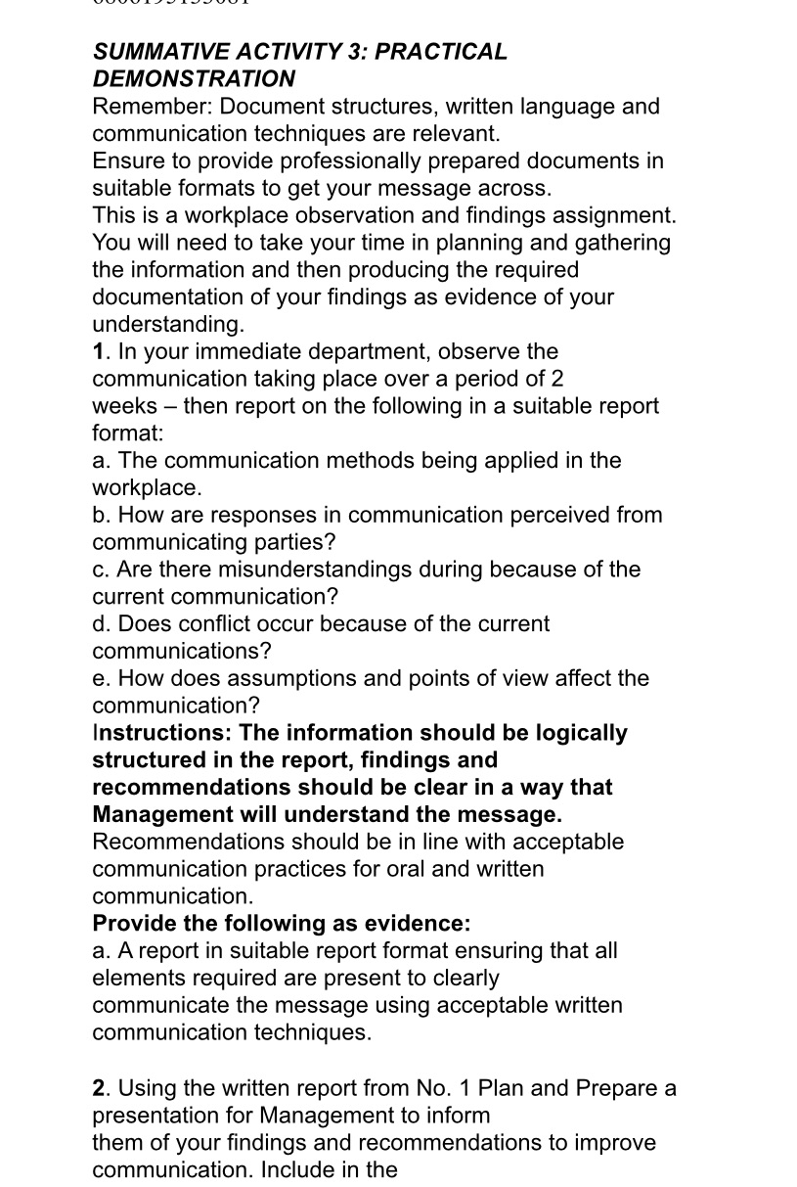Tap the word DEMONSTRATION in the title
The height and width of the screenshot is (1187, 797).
pos(194,79)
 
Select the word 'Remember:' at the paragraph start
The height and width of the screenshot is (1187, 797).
pos(153,107)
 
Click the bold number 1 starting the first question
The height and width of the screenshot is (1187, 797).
pos(99,351)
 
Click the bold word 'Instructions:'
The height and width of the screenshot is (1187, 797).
pos(162,734)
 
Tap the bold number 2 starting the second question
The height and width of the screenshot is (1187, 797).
pos(99,1089)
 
